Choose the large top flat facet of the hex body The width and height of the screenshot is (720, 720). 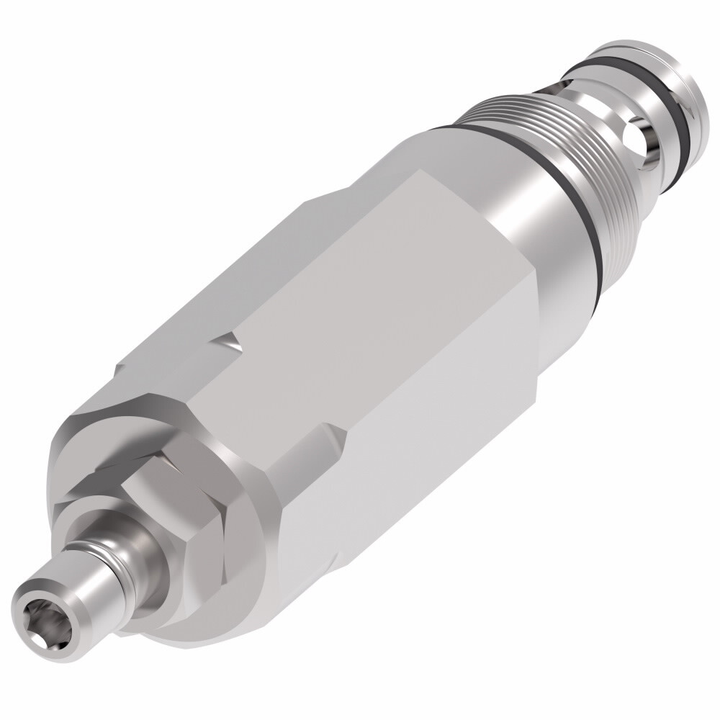(x=374, y=302)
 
